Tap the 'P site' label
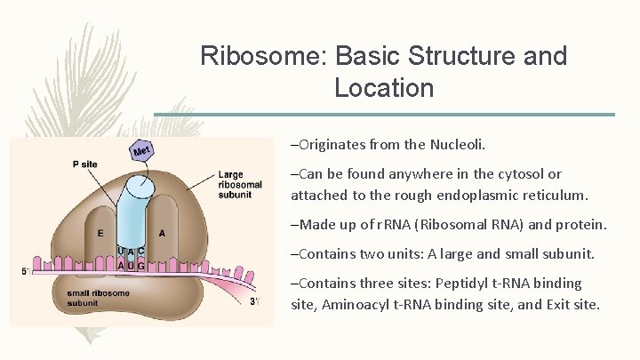click(85, 164)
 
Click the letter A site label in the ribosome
click(163, 233)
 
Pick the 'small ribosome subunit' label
click(99, 300)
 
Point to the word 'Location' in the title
click(384, 88)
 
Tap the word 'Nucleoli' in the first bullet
click(477, 143)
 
